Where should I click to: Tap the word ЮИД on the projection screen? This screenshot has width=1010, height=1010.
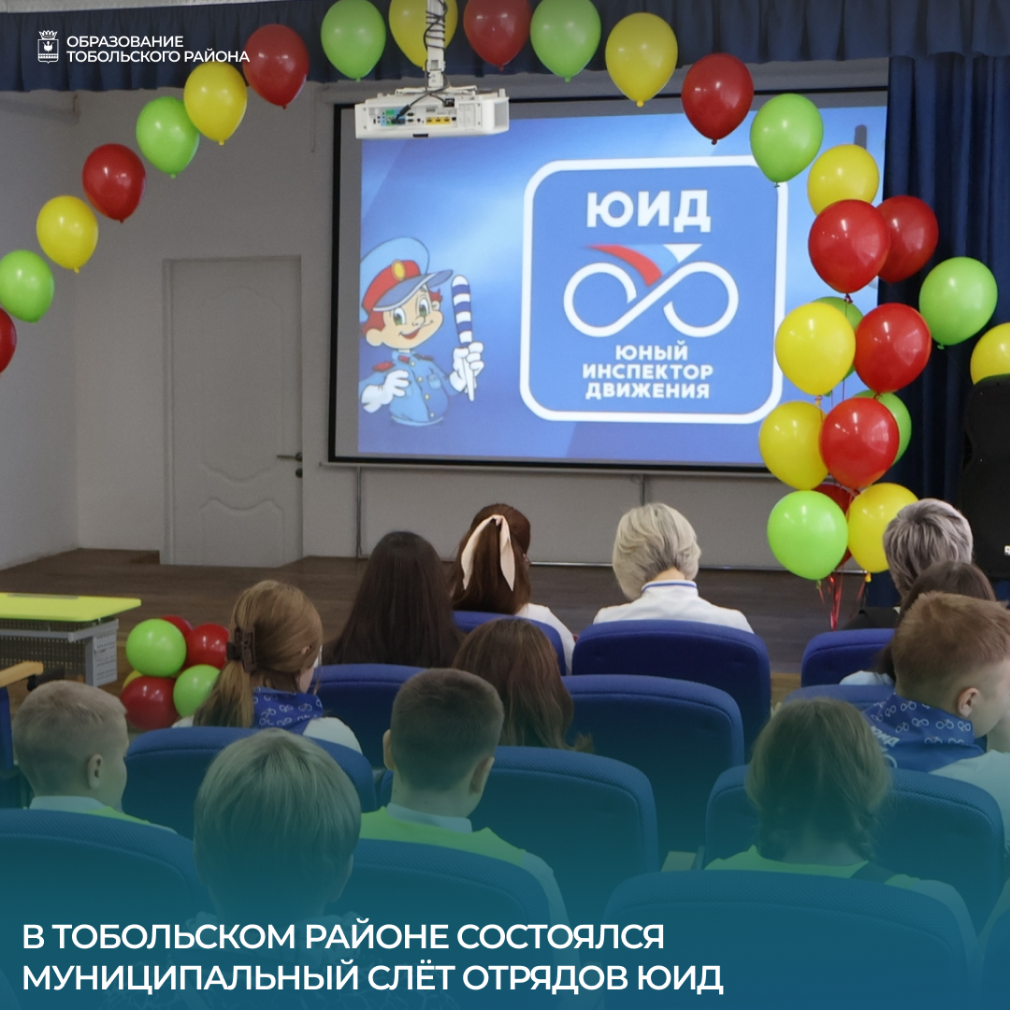(x=648, y=210)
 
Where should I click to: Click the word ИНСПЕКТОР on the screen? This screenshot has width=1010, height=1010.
(x=647, y=371)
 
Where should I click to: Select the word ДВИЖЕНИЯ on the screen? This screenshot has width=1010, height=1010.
(x=647, y=390)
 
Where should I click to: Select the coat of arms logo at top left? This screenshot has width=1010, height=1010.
(x=48, y=47)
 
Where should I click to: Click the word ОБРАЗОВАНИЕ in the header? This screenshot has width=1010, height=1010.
(x=124, y=41)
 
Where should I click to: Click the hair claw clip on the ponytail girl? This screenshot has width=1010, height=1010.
(x=241, y=648)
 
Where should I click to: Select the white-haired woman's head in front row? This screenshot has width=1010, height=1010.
(x=656, y=546)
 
